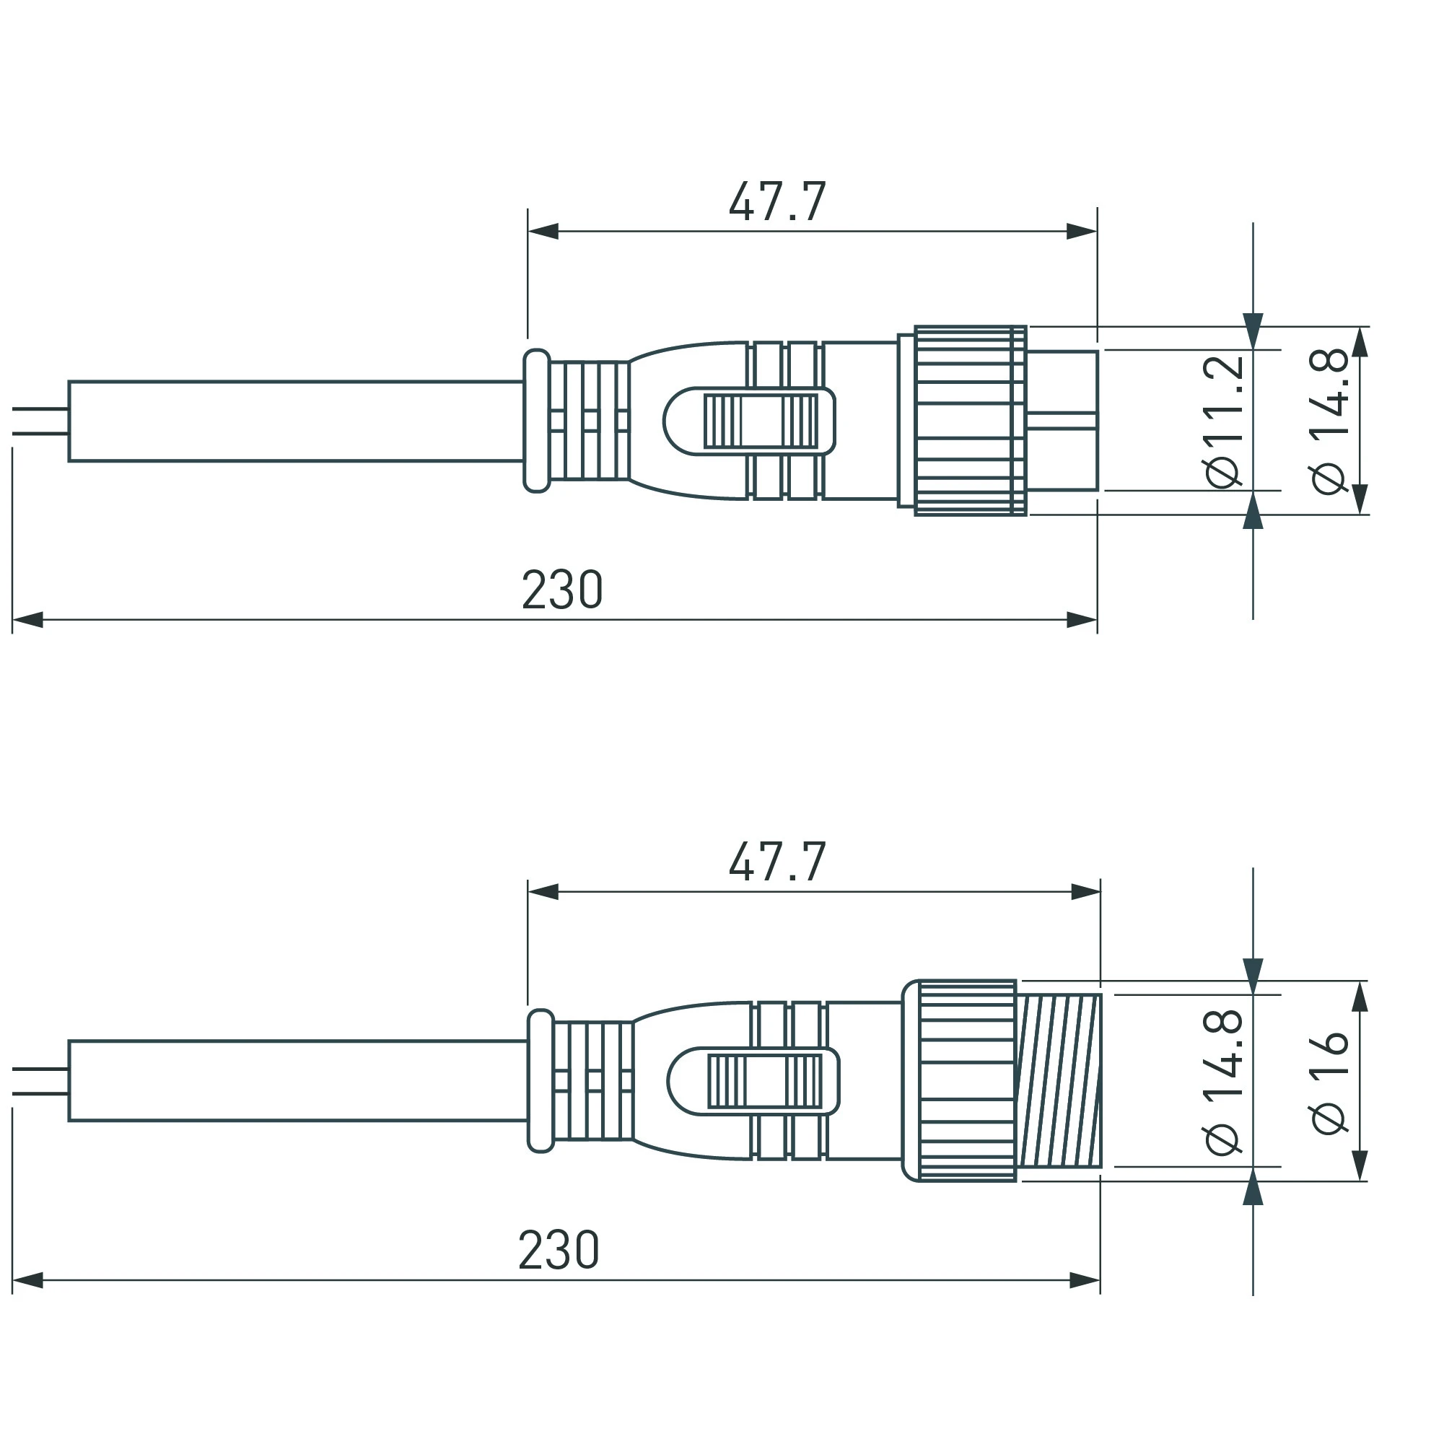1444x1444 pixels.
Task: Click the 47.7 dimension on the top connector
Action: pyautogui.click(x=777, y=202)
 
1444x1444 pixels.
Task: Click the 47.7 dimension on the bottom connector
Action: pyautogui.click(x=777, y=862)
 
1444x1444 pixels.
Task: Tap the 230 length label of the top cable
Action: pyautogui.click(x=562, y=590)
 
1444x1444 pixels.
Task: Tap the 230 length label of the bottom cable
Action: pyautogui.click(x=559, y=1250)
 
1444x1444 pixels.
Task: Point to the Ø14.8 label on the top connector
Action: pyautogui.click(x=1330, y=421)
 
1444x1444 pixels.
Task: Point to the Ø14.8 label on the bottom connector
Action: pyautogui.click(x=1224, y=1082)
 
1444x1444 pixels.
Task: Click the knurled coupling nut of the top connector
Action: pyautogui.click(x=971, y=421)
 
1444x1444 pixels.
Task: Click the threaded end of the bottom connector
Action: pyautogui.click(x=1059, y=1081)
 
